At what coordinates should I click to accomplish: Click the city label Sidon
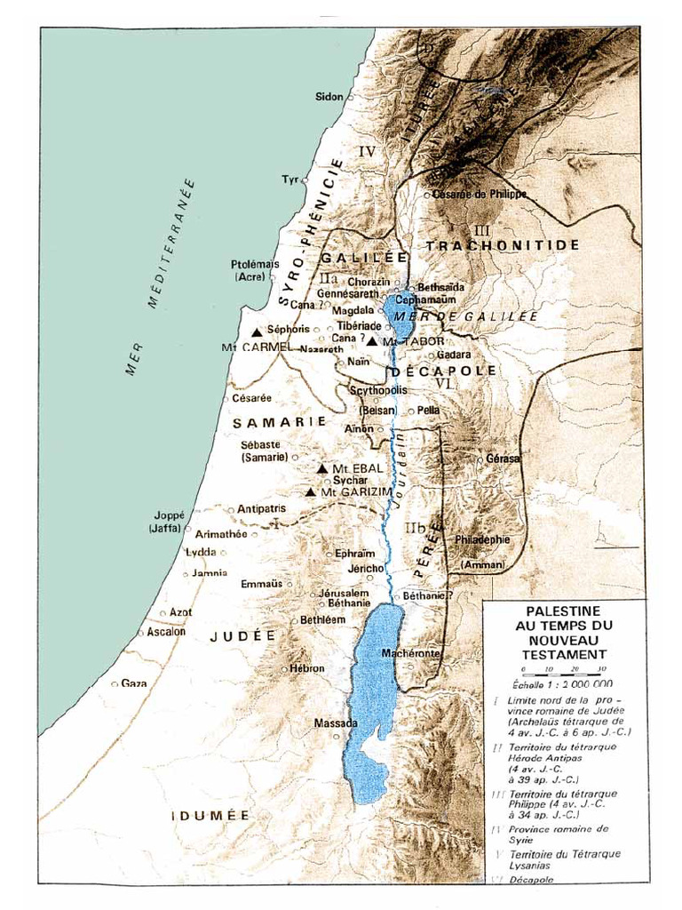pyautogui.click(x=329, y=96)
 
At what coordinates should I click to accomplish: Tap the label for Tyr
pyautogui.click(x=290, y=180)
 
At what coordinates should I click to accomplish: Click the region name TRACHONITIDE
pyautogui.click(x=502, y=244)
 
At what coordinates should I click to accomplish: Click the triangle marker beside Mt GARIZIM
pyautogui.click(x=310, y=492)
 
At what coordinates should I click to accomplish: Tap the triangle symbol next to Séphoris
pyautogui.click(x=258, y=331)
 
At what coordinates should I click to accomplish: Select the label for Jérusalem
pyautogui.click(x=344, y=593)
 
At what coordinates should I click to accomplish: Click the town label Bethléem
pyautogui.click(x=322, y=619)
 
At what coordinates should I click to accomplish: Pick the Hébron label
pyautogui.click(x=308, y=668)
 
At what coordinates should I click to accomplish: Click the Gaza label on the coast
pyautogui.click(x=134, y=683)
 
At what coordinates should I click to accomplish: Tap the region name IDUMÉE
pyautogui.click(x=210, y=815)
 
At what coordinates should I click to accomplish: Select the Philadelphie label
pyautogui.click(x=482, y=539)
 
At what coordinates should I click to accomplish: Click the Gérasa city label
pyautogui.click(x=503, y=459)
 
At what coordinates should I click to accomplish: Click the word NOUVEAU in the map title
pyautogui.click(x=563, y=640)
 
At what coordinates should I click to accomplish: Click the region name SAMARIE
pyautogui.click(x=280, y=423)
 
